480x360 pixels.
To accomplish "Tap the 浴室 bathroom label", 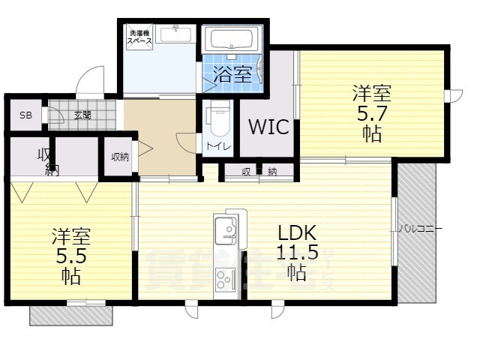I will pyautogui.click(x=232, y=73).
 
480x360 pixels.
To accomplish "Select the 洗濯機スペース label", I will pyautogui.click(x=140, y=37).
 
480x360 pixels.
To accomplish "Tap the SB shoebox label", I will pyautogui.click(x=25, y=115).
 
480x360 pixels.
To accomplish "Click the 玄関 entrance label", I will pyautogui.click(x=82, y=115).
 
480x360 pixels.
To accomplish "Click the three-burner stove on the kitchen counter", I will pyautogui.click(x=225, y=280).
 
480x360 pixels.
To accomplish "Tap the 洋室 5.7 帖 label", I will pyautogui.click(x=372, y=113).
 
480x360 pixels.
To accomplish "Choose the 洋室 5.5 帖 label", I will pyautogui.click(x=71, y=255).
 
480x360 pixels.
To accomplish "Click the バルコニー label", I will pyautogui.click(x=420, y=227).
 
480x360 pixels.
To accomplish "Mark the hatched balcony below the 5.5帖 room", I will pyautogui.click(x=71, y=315).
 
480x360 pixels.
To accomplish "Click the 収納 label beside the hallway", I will pyautogui.click(x=119, y=157).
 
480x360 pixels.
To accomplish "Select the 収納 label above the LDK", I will pyautogui.click(x=259, y=172).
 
